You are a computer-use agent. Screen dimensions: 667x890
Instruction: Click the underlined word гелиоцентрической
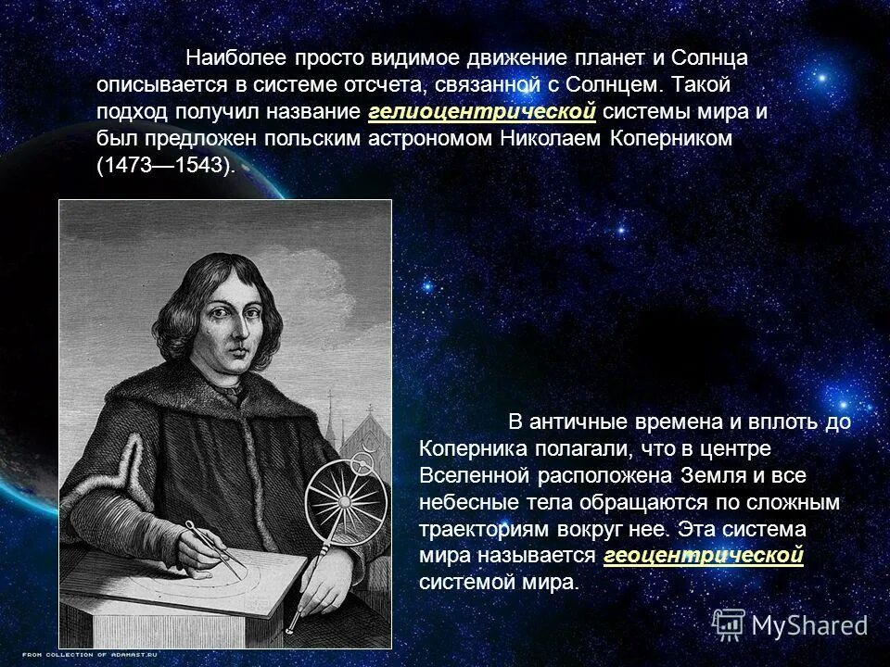(x=481, y=112)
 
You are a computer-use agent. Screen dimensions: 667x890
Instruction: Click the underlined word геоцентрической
(x=703, y=556)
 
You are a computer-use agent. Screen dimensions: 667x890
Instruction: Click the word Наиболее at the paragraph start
(x=235, y=57)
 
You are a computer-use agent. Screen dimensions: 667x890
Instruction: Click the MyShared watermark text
(x=809, y=625)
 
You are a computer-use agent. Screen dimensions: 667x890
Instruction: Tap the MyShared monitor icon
(x=730, y=623)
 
